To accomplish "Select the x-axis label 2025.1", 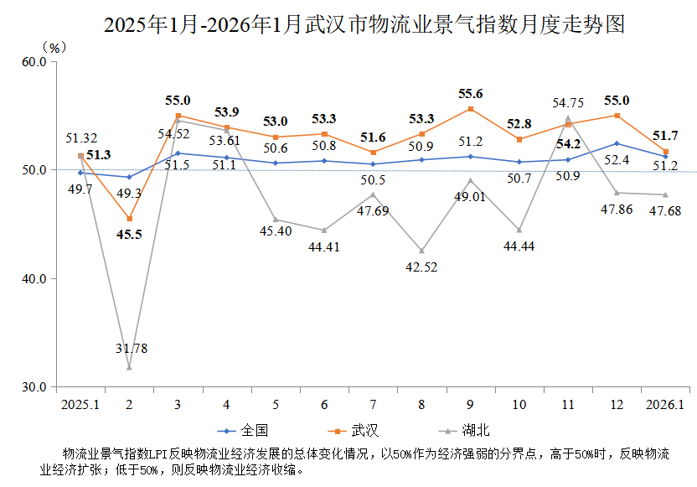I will pos(80,404).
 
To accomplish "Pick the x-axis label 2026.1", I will pos(665,404).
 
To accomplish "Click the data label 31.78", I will pos(129,348).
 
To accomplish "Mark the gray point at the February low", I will pos(129,367).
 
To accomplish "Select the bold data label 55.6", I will pos(470,94).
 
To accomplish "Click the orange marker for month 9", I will pos(470,109).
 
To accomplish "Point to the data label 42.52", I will pos(421,267).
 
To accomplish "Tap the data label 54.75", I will pos(568,102).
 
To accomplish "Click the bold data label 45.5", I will pos(129,234).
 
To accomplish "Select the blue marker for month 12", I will pos(617,143).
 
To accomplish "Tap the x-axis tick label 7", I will pos(373,404).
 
